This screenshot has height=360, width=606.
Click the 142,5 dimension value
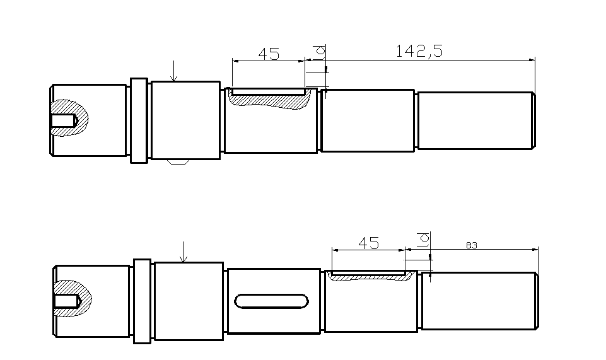coord(419,51)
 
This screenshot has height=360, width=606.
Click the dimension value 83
coord(471,245)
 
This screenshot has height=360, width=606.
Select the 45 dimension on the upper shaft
coord(269,54)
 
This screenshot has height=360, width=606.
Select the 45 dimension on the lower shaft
coord(368,243)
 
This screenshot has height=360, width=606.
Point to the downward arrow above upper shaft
coord(174,71)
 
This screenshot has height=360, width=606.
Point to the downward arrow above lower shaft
coord(182,252)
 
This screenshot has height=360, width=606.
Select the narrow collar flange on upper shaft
coord(138,120)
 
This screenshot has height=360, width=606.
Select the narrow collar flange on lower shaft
coord(142,301)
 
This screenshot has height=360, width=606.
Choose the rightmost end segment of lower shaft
coord(479,301)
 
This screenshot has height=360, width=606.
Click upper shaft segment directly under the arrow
coord(185,120)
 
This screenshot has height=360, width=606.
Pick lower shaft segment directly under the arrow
coord(189,301)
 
